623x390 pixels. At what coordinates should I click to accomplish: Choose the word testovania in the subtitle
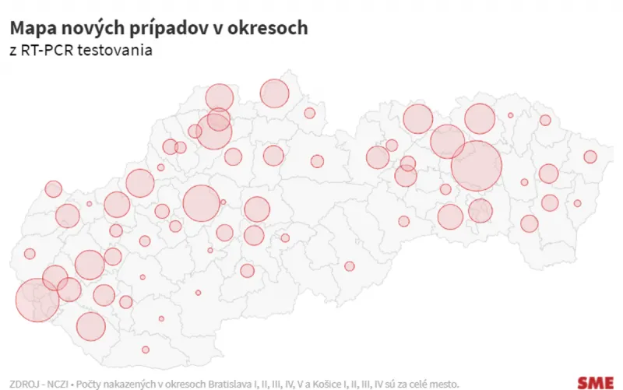[117, 51]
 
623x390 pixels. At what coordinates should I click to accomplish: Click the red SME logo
[595, 381]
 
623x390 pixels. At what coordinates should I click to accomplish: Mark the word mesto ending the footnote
[442, 384]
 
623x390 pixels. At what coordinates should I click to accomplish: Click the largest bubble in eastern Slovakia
[476, 166]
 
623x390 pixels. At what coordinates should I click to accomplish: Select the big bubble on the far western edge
[37, 300]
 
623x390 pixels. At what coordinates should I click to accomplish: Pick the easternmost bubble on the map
[590, 157]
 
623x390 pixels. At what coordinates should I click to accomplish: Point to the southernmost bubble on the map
[146, 350]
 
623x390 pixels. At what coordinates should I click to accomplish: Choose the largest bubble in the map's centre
[201, 203]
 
